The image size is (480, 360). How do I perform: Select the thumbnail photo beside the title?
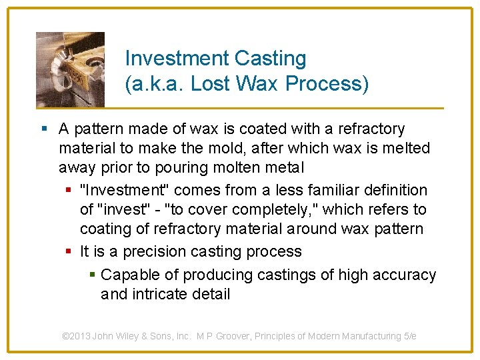click(x=70, y=69)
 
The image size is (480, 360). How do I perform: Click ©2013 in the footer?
click(x=75, y=336)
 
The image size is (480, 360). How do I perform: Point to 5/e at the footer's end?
click(x=408, y=336)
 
